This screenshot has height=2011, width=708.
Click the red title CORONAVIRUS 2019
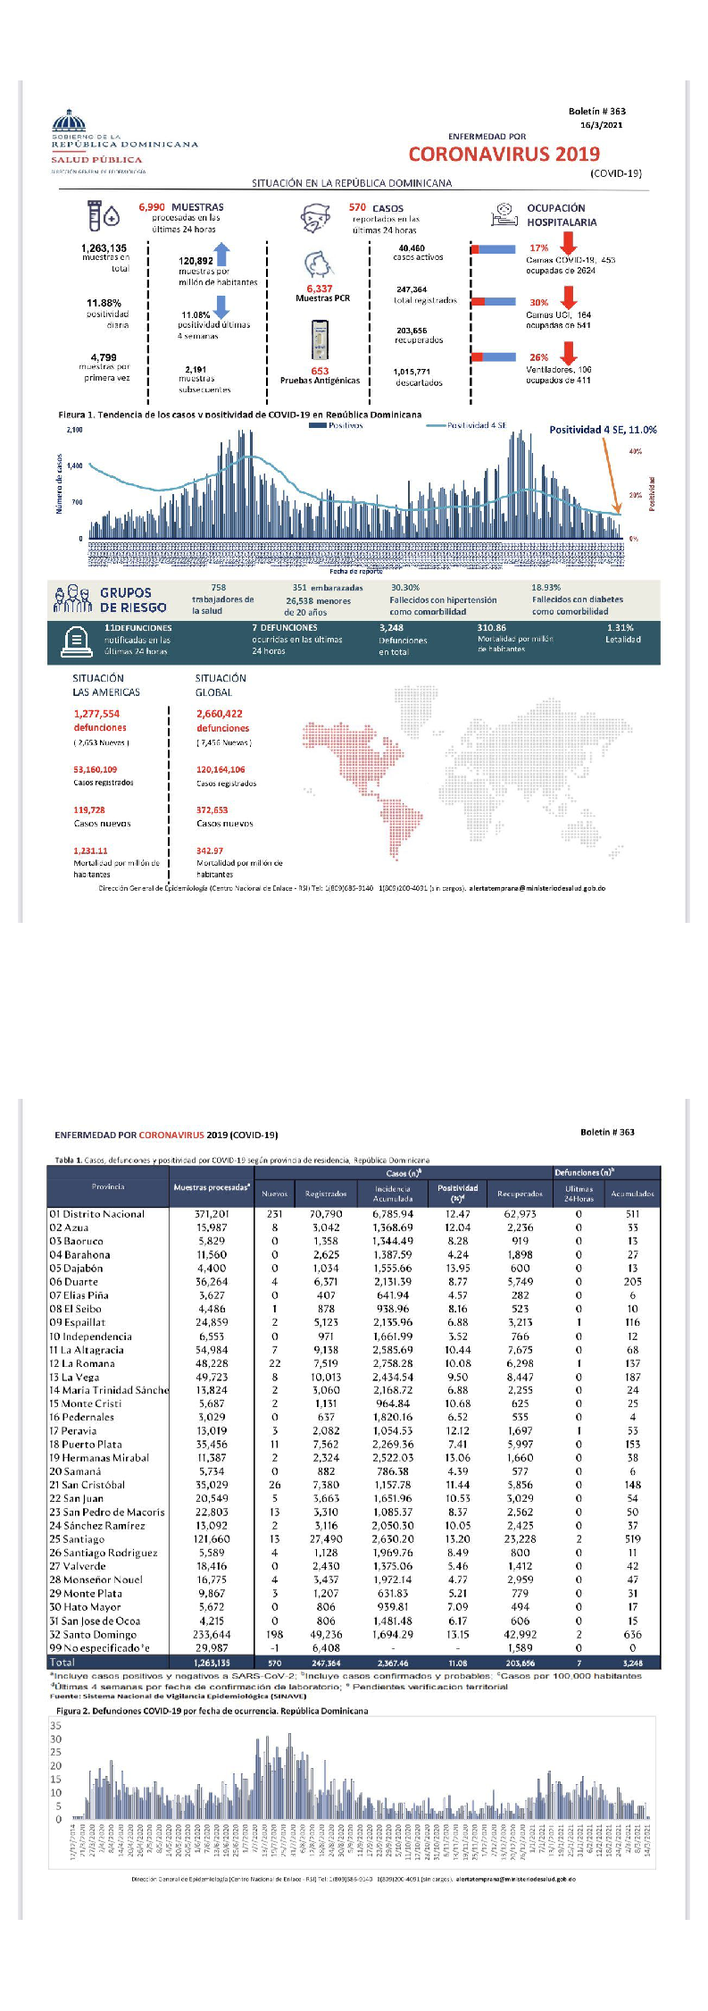pyautogui.click(x=504, y=154)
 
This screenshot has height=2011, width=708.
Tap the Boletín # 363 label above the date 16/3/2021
pyautogui.click(x=596, y=112)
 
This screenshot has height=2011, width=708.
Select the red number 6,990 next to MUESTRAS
pyautogui.click(x=152, y=207)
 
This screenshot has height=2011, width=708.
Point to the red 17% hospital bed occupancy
pyautogui.click(x=539, y=248)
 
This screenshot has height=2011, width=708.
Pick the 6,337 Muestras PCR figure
pyautogui.click(x=319, y=289)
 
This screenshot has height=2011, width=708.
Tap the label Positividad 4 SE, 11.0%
pyautogui.click(x=603, y=430)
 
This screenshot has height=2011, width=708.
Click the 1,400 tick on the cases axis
pyautogui.click(x=74, y=465)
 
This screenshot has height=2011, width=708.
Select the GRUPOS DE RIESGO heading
pyautogui.click(x=132, y=599)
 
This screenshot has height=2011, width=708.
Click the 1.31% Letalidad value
pyautogui.click(x=620, y=628)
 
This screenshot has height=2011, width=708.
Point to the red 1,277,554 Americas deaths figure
pyautogui.click(x=96, y=714)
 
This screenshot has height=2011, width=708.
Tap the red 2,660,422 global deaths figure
pyautogui.click(x=220, y=714)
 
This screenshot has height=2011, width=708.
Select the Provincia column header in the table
pyautogui.click(x=108, y=1186)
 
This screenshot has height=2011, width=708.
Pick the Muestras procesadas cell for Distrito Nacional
pyautogui.click(x=212, y=1214)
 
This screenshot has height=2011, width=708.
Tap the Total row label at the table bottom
pyautogui.click(x=62, y=1662)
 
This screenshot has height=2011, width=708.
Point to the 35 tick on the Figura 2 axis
pyautogui.click(x=56, y=1725)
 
